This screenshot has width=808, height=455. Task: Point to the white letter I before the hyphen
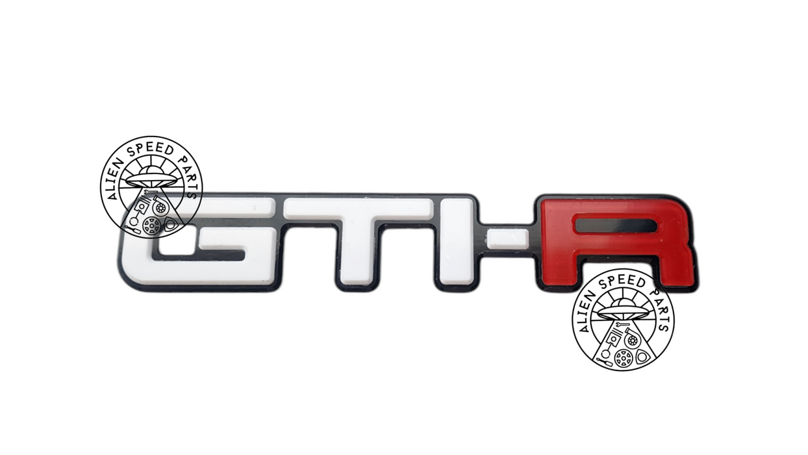point(455,242)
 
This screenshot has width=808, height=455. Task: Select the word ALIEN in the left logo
point(115,179)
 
